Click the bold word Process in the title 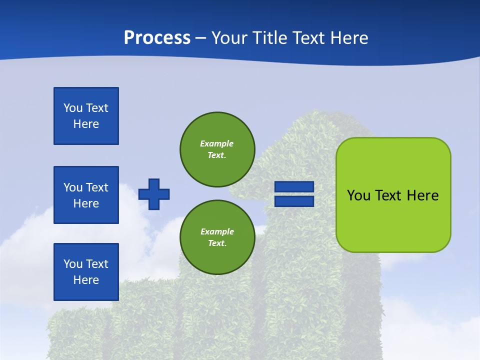point(157,38)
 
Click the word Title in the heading point(269,38)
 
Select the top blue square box point(86,116)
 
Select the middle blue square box point(86,195)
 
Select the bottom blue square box point(86,272)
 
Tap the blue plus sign point(154,194)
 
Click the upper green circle point(217,149)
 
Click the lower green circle point(217,237)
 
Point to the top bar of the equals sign point(294,187)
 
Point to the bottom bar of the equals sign point(294,201)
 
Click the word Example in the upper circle point(216,143)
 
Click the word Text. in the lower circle point(217,243)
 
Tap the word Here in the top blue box point(86,124)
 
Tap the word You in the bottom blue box point(73,264)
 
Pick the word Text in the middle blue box point(96,187)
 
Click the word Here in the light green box point(422,195)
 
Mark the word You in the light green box point(358,195)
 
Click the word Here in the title point(349,38)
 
